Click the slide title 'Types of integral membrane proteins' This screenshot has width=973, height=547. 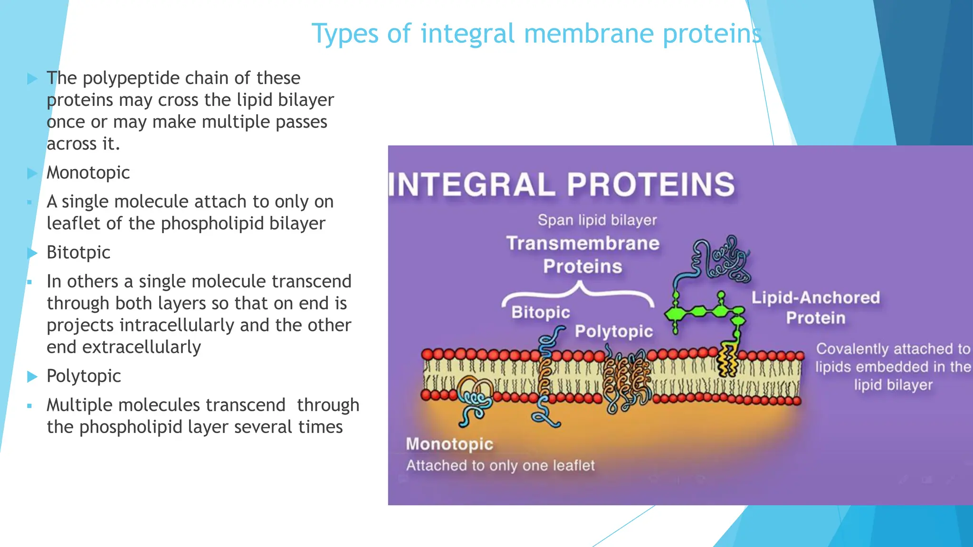pos(536,34)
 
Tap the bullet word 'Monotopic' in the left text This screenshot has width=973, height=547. pos(88,173)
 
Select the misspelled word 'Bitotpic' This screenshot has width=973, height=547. pos(78,253)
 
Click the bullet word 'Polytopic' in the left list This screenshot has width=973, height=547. pos(84,376)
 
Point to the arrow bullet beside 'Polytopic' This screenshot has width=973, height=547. pos(32,377)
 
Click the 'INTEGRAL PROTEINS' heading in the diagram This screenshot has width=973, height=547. pos(562,185)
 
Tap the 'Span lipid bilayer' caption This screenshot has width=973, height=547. pos(597,220)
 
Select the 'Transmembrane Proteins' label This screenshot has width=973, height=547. pos(582,255)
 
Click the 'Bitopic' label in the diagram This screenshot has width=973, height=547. pos(540,312)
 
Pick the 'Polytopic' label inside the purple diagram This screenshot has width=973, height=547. pos(613,331)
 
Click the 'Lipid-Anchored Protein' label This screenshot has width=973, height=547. pos(815,307)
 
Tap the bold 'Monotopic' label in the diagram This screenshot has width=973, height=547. pos(449,444)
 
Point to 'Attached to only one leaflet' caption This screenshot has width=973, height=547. pos(500,465)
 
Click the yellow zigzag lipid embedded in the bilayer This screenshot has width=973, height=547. pos(727,361)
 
